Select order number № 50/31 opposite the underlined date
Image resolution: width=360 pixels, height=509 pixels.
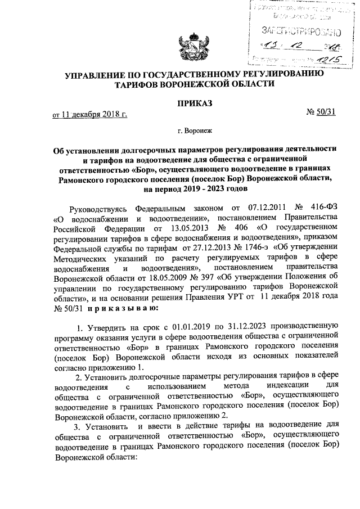pos(321,112)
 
